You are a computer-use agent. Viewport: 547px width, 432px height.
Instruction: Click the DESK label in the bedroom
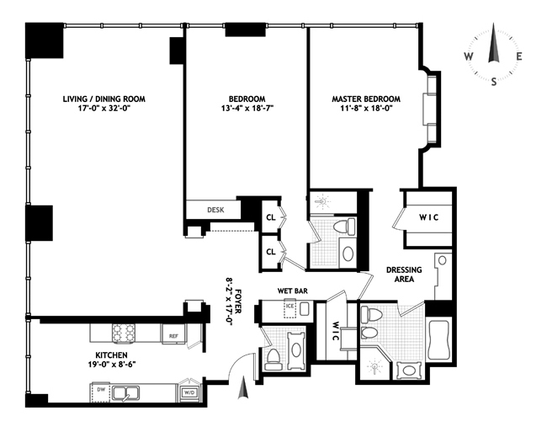pyautogui.click(x=215, y=210)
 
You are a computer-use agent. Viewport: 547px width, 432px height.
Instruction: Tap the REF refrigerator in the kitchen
pyautogui.click(x=173, y=334)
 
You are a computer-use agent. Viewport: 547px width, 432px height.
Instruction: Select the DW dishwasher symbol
pyautogui.click(x=100, y=392)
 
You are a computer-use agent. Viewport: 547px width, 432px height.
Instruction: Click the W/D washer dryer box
pyautogui.click(x=190, y=392)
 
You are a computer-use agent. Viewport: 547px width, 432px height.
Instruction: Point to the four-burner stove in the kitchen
pyautogui.click(x=123, y=333)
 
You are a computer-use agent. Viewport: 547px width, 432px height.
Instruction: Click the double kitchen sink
pyautogui.click(x=125, y=393)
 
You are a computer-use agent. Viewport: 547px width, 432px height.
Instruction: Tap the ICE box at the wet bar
pyautogui.click(x=289, y=308)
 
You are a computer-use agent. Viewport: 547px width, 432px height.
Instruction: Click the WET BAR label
pyautogui.click(x=292, y=291)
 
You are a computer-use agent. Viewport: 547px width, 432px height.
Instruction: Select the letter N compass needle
pyautogui.click(x=493, y=43)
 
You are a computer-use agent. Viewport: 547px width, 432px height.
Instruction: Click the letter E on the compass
pyautogui.click(x=519, y=56)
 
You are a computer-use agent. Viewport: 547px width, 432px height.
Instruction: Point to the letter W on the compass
pyautogui.click(x=469, y=56)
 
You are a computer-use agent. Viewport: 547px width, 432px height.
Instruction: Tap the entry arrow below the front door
pyautogui.click(x=243, y=387)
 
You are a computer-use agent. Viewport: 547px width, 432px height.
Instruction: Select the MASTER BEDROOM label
pyautogui.click(x=366, y=99)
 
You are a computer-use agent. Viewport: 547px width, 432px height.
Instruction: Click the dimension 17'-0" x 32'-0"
pyautogui.click(x=104, y=109)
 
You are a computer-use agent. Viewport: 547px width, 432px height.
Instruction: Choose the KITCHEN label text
pyautogui.click(x=111, y=355)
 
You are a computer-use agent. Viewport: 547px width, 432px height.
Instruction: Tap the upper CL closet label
pyautogui.click(x=271, y=218)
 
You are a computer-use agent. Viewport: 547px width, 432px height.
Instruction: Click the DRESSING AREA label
pyautogui.click(x=404, y=275)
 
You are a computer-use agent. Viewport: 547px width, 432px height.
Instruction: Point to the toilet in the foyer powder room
pyautogui.click(x=273, y=360)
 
